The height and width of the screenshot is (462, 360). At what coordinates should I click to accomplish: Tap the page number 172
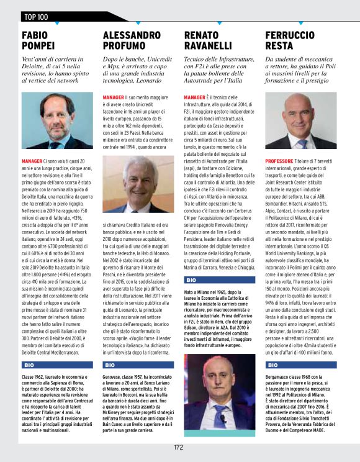[x=179, y=446]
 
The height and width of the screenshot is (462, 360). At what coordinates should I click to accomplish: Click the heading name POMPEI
[x=41, y=45]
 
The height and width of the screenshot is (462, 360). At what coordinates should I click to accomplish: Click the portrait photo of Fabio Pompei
[x=57, y=120]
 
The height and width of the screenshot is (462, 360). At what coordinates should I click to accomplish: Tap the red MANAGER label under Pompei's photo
[x=32, y=160]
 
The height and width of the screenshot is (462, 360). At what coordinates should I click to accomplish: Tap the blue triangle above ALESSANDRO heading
[x=137, y=24]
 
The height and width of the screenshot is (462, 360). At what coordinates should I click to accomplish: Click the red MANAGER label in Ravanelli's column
[x=195, y=97]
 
